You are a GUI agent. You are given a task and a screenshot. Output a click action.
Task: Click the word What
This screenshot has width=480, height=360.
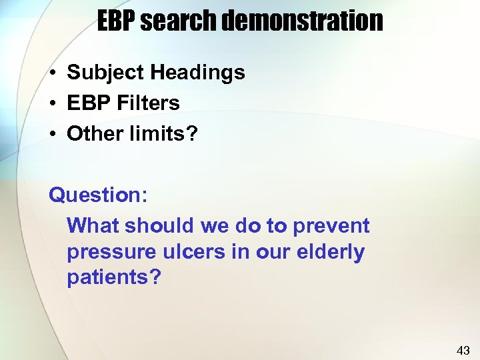tap(93, 226)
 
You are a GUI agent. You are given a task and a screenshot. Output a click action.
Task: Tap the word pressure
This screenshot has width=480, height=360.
tap(107, 252)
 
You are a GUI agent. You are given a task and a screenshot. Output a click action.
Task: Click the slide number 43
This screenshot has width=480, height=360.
tap(463, 350)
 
